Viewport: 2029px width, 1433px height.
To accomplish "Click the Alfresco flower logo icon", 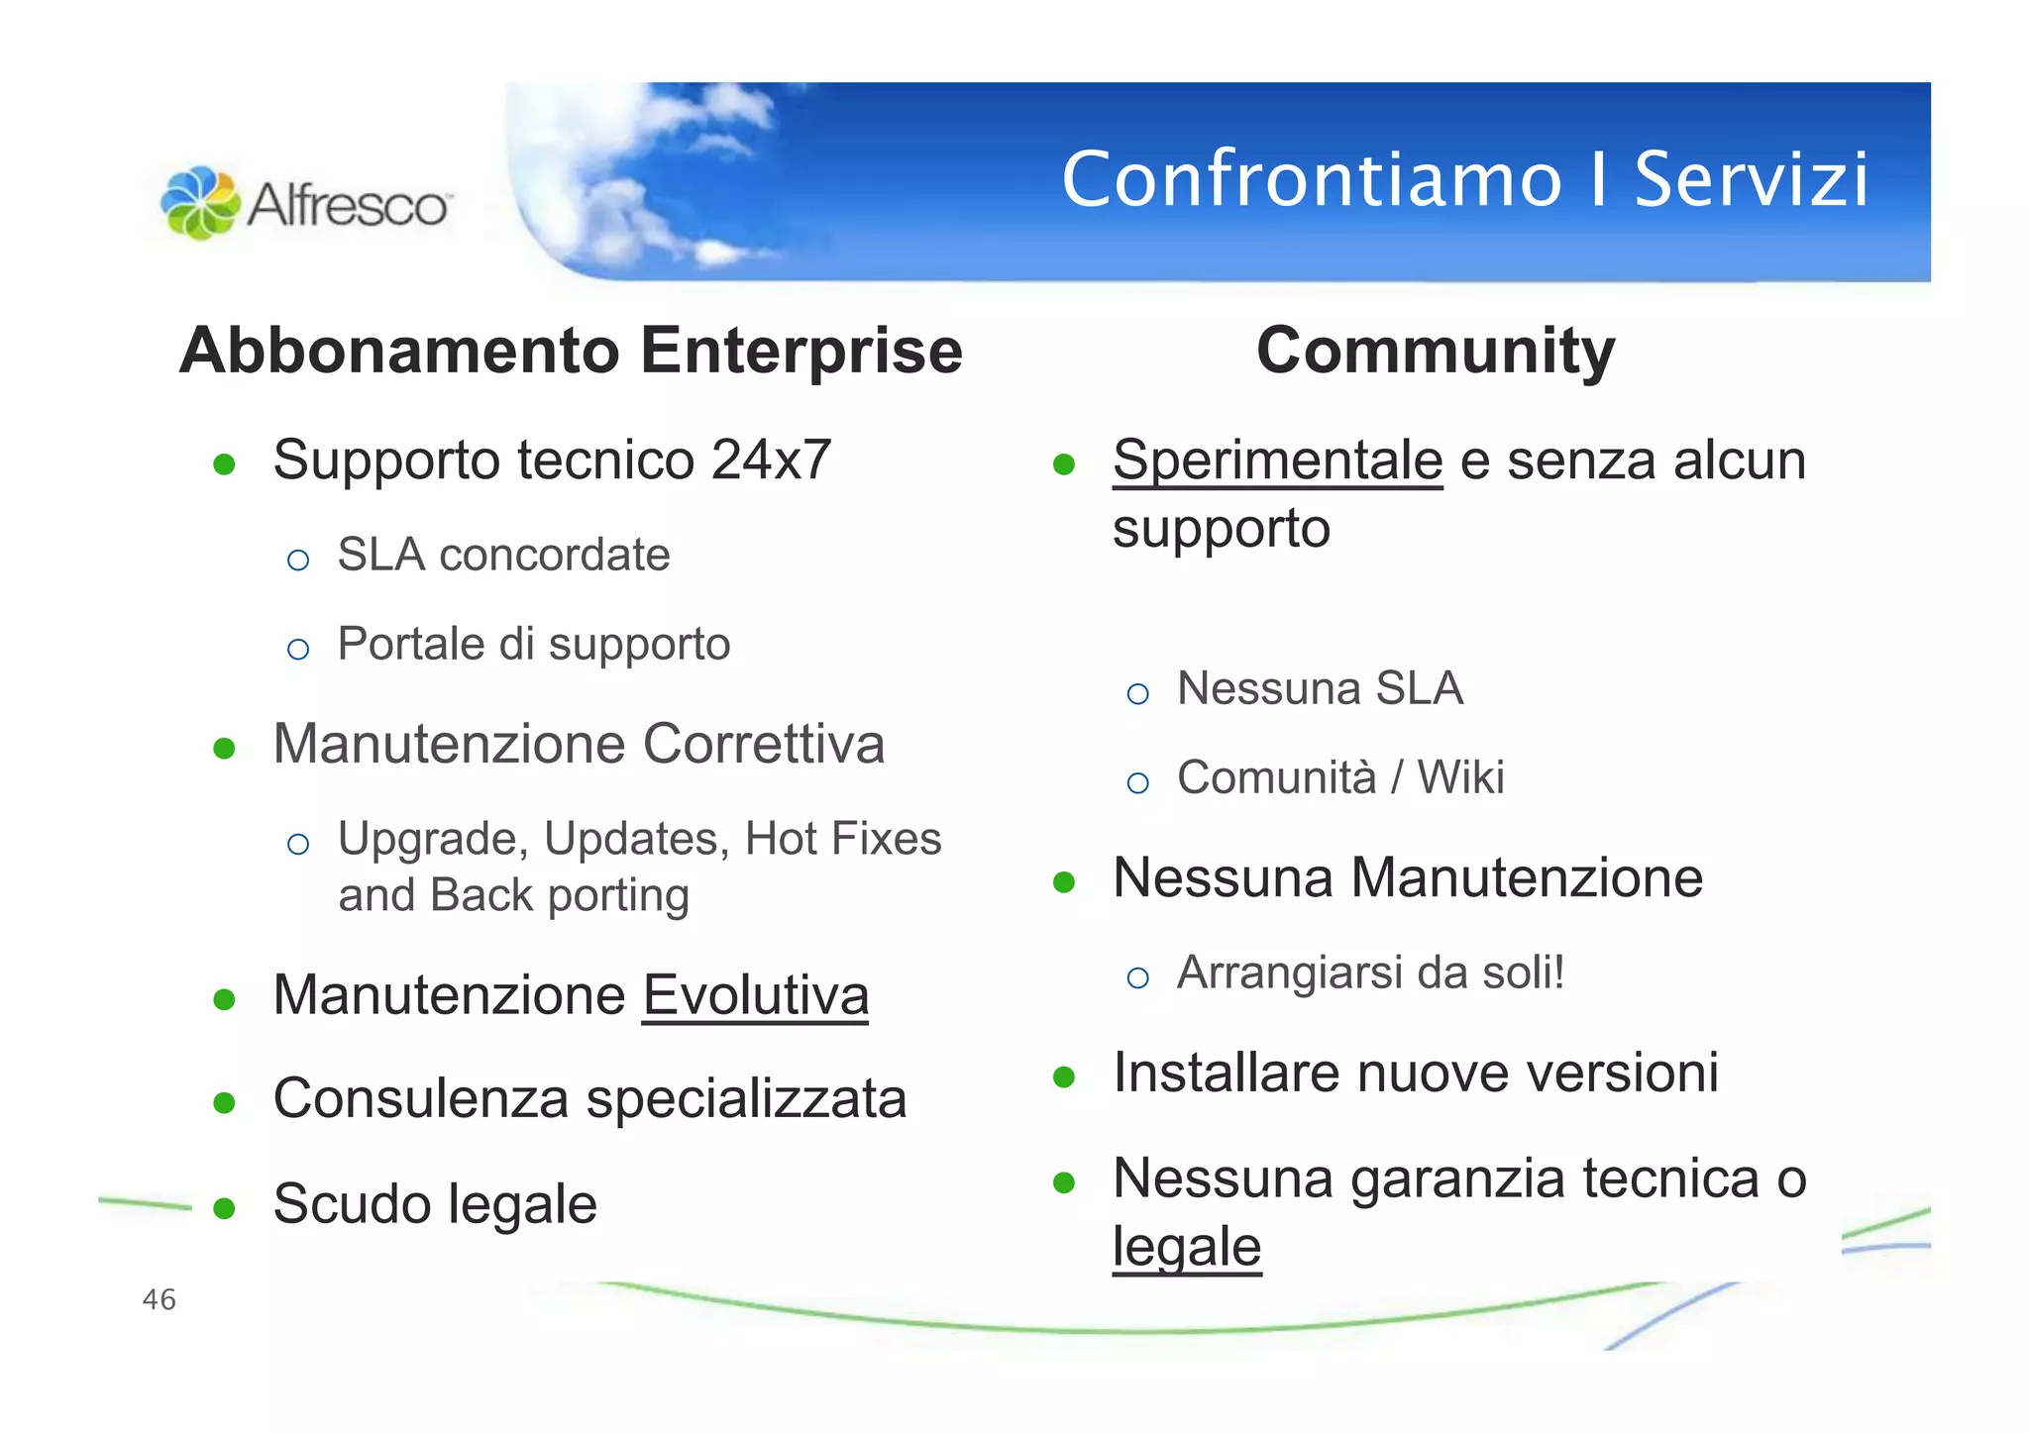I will [x=200, y=203].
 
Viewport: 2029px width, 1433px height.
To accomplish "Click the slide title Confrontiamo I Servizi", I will [x=1464, y=179].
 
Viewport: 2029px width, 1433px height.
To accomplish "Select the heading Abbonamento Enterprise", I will [x=571, y=351].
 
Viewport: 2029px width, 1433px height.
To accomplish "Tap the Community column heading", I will [x=1436, y=351].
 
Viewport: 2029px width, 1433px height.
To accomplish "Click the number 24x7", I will [x=771, y=460].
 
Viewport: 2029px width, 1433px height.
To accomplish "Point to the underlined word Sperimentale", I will [x=1277, y=461].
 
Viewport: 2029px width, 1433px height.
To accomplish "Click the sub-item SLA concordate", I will [x=503, y=555].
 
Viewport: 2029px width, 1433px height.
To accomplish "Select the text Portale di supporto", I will [x=533, y=644].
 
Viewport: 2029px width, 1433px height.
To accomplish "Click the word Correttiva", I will [x=763, y=744].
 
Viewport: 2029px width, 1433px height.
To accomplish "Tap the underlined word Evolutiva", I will [x=755, y=995].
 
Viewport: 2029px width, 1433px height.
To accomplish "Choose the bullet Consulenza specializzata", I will [x=589, y=1098].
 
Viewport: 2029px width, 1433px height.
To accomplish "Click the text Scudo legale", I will [x=435, y=1204].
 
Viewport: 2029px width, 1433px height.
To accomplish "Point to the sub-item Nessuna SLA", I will [x=1320, y=688].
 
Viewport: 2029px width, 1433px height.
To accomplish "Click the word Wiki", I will [x=1460, y=777].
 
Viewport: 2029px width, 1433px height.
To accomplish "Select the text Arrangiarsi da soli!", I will [x=1370, y=972].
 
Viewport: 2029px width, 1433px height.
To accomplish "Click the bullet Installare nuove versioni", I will [x=1416, y=1073].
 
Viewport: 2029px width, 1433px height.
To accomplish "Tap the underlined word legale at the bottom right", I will [x=1186, y=1246].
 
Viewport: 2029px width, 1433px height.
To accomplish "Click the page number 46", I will [x=160, y=1299].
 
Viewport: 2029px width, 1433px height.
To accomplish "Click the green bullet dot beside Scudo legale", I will [x=224, y=1208].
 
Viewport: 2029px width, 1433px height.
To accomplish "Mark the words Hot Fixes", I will [x=842, y=839].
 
